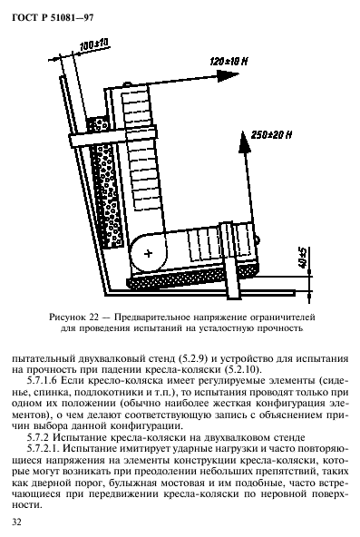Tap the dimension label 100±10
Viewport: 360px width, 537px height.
pyautogui.click(x=94, y=43)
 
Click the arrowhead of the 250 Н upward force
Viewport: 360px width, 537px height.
pyautogui.click(x=243, y=136)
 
